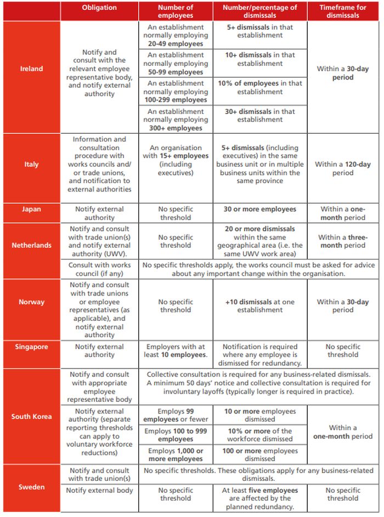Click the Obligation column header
click(99, 8)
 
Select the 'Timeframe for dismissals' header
click(343, 12)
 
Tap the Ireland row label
click(31, 69)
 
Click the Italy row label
click(31, 164)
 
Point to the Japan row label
click(31, 209)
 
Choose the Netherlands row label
click(31, 245)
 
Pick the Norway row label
click(31, 302)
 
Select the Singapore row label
click(31, 347)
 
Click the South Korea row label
click(31, 417)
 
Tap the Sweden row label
click(31, 487)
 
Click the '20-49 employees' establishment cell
click(176, 35)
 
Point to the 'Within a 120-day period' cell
click(343, 168)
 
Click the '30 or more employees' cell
click(260, 209)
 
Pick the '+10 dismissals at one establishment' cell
click(259, 306)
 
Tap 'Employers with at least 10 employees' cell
click(176, 351)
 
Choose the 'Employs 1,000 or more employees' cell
click(176, 454)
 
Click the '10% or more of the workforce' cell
click(259, 435)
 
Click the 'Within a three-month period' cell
click(343, 241)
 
